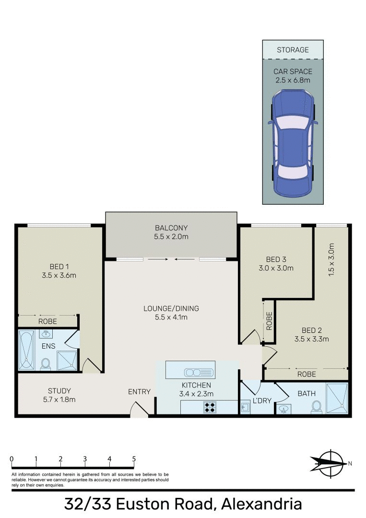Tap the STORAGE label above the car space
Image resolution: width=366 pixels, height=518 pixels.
(x=293, y=50)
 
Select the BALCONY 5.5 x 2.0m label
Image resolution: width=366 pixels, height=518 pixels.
(x=171, y=232)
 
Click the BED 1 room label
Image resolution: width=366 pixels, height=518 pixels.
(x=59, y=271)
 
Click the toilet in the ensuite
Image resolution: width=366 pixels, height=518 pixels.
(x=46, y=364)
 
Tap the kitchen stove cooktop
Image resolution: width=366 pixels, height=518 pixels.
(x=209, y=407)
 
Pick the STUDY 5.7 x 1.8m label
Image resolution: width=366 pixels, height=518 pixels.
(x=59, y=395)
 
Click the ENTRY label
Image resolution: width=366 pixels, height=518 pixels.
(x=140, y=392)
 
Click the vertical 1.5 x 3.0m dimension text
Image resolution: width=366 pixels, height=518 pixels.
(x=331, y=259)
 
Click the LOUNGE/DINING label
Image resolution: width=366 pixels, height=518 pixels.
(x=171, y=313)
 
